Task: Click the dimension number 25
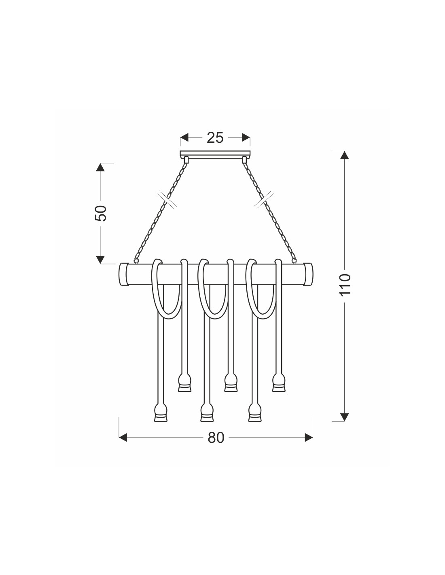pos(215,138)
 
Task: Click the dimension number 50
pos(101,213)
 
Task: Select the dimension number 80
pos(216,438)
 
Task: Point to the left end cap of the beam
pos(123,274)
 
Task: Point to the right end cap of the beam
pos(308,274)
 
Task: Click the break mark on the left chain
pos(166,200)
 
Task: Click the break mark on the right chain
pos(264,200)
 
